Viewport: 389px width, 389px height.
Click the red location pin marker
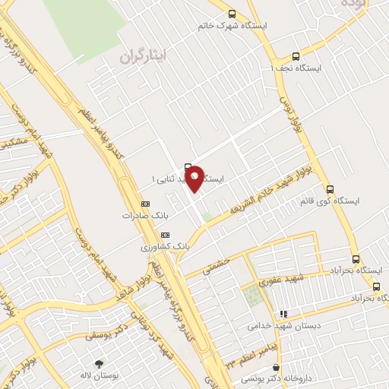[194, 176]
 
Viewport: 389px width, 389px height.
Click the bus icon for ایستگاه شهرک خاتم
[232, 14]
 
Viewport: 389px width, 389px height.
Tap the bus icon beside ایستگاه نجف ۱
[296, 55]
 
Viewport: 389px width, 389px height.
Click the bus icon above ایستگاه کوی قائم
[330, 189]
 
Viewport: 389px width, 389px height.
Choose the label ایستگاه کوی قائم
[330, 201]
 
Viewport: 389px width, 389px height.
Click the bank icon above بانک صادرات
[146, 204]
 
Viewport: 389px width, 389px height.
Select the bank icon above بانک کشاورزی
[166, 235]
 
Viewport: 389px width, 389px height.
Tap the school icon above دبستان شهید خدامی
[283, 313]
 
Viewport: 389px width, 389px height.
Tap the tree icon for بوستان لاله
[99, 365]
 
